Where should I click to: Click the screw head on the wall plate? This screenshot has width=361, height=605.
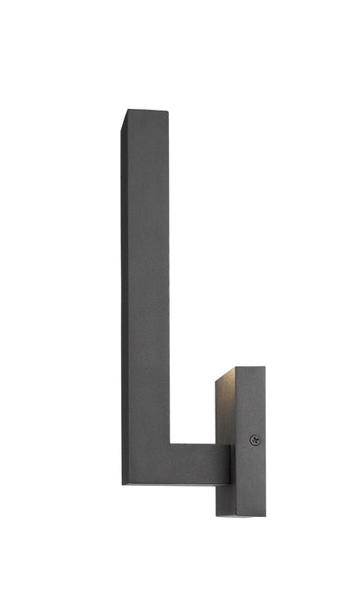(x=255, y=440)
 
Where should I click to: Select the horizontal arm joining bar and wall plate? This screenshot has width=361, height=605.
(x=201, y=464)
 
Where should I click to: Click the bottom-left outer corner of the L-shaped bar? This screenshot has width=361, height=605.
(x=123, y=484)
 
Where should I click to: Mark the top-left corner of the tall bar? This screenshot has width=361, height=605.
(x=125, y=111)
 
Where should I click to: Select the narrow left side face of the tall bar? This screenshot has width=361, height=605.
(x=126, y=294)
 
